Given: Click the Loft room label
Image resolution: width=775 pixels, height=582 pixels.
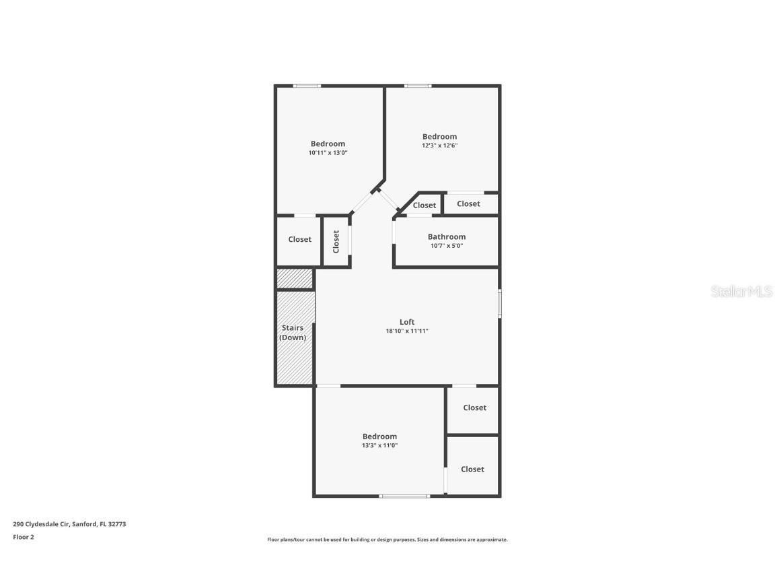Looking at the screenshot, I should (407, 322).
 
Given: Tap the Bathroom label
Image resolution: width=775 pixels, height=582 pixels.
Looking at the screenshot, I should (447, 236).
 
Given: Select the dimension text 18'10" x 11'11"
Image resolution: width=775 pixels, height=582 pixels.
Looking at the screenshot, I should (407, 331).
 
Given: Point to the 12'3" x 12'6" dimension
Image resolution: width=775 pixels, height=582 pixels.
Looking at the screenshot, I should (439, 145).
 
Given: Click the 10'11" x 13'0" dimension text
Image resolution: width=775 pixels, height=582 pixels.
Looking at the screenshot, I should (328, 152).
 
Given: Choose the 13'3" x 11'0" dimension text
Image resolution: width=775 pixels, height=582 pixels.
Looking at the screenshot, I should (379, 445).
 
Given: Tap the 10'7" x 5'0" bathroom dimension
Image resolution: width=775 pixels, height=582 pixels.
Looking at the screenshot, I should (447, 246).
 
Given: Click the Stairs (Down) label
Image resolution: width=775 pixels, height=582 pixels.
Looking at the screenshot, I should (293, 333).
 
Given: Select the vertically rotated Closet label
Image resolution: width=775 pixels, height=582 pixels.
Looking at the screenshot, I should (336, 241).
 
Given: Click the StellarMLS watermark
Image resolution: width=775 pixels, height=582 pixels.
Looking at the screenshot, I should (743, 292).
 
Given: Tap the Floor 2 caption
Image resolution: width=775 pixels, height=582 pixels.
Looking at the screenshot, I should (23, 537).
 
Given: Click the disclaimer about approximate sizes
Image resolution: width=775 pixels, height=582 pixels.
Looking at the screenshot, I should (387, 540).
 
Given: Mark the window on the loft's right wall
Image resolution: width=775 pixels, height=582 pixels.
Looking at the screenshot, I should (499, 302).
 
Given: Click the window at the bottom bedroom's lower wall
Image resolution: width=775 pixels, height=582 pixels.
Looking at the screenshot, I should (404, 496).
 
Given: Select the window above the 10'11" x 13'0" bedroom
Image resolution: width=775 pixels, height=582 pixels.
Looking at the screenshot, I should (307, 86).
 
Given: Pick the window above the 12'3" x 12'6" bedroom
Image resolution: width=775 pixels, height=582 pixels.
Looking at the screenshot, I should (418, 86).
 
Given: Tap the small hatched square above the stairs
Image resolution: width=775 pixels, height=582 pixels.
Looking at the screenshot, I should (295, 278).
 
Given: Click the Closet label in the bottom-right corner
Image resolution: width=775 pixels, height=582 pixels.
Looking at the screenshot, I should (472, 469).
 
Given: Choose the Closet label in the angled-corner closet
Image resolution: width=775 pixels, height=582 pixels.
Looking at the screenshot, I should (425, 205).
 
